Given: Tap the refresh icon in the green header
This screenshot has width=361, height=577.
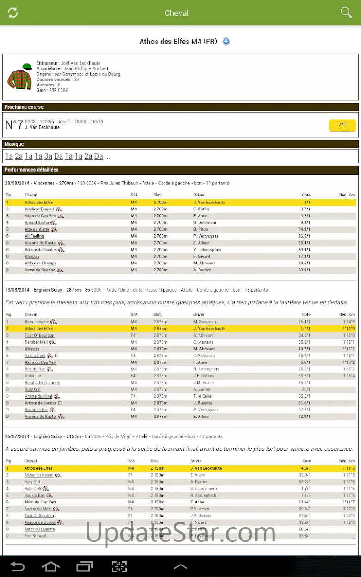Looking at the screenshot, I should coord(13,12).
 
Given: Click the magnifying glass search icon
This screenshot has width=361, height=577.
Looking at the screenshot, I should coord(346,12).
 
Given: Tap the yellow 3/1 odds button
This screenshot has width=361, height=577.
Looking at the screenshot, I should coord(342,125).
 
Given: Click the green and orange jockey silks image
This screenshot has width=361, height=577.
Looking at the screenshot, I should coord(19,77).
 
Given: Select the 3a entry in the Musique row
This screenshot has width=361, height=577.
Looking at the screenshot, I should coord(48,156).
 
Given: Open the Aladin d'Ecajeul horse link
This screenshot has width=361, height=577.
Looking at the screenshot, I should coord(39,209).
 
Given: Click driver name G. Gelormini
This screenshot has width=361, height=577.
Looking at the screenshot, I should coord(205,222).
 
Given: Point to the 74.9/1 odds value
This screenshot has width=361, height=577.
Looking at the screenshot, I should coord(304,229).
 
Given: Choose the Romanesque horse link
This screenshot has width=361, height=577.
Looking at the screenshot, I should coord(37,322).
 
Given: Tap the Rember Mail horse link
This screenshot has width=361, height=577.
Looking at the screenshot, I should coord(36,342).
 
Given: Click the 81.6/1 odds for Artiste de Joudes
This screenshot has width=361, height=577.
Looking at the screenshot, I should coord(304,403).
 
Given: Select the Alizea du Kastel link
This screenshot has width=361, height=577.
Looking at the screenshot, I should coord(39,475).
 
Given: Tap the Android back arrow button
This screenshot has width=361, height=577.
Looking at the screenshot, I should coord(17,566).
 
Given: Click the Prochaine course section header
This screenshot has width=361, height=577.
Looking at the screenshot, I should coord(24,107).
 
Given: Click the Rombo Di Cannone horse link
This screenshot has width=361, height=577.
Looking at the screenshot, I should coord(42,382).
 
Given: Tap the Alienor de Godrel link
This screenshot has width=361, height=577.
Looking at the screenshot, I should coord(40,522).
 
